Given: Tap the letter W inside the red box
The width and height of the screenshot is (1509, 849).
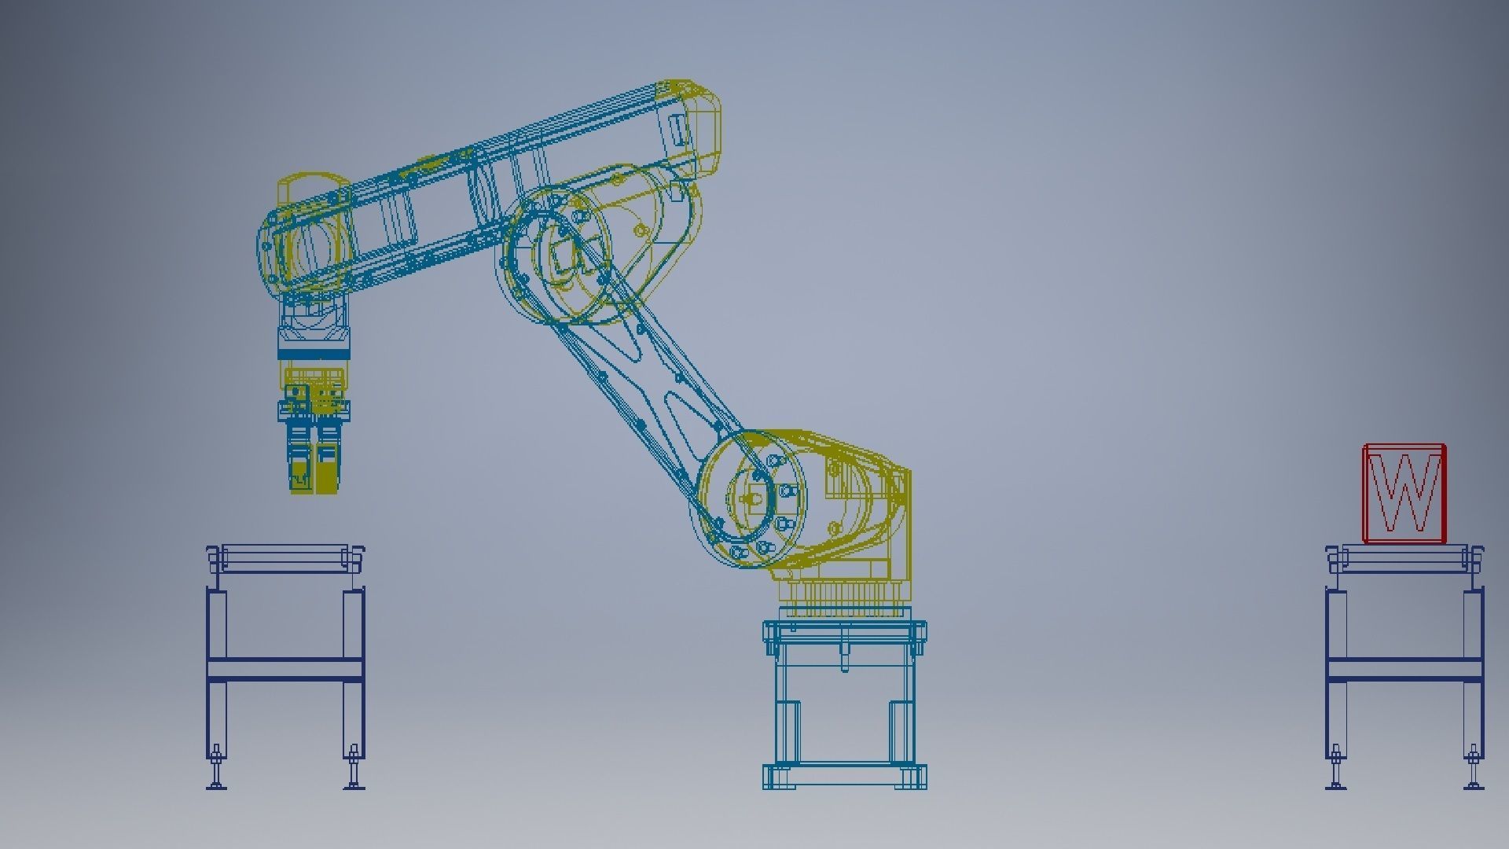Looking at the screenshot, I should (1405, 494).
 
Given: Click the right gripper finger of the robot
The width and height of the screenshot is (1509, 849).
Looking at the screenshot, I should (328, 464).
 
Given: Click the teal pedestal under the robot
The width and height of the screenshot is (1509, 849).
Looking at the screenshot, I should (844, 692).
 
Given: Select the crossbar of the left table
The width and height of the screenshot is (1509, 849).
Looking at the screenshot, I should (285, 669).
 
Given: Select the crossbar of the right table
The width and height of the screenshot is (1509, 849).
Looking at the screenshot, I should (1404, 669).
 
